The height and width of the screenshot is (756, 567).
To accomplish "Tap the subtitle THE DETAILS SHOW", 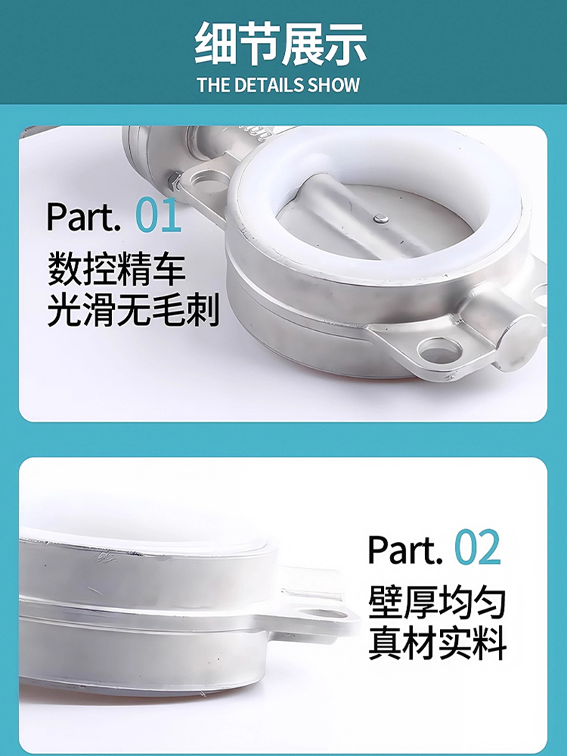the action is tap(278, 85).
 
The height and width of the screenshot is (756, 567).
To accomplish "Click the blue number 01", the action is tap(158, 215).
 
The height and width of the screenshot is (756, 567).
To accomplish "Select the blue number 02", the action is tap(478, 548).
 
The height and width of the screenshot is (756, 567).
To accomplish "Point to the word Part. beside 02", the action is tap(405, 549).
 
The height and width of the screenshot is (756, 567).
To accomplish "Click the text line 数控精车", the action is tap(116, 269).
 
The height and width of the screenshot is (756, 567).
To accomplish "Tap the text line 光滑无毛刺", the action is tap(133, 309).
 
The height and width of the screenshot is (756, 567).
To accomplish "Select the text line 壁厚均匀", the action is tap(437, 602).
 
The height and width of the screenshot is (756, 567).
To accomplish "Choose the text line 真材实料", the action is tap(437, 643).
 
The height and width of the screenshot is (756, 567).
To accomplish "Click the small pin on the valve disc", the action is tap(381, 219).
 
